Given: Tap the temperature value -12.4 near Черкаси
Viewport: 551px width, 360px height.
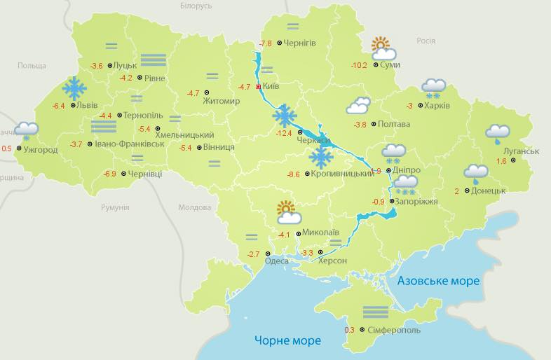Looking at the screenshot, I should [284, 133].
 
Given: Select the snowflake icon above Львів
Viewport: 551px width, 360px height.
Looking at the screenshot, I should [74, 89].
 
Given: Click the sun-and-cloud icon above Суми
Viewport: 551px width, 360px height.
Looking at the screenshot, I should [382, 48].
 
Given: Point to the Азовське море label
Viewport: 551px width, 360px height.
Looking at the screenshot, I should [438, 281].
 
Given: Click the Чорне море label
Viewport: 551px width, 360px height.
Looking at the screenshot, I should [287, 340].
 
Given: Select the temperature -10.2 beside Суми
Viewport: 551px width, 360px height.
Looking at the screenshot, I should [359, 65].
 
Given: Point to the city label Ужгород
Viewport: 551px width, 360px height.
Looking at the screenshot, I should [40, 150].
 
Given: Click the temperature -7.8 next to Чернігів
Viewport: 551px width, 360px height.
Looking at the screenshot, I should [266, 43].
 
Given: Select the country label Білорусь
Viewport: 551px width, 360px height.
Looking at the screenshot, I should [196, 6].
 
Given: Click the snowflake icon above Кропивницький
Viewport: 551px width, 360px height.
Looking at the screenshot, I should [322, 157].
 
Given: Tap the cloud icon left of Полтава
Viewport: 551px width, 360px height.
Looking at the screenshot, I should [358, 106].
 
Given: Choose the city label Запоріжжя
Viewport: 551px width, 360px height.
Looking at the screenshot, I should [417, 202].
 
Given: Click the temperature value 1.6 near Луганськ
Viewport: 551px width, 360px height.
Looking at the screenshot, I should [501, 161].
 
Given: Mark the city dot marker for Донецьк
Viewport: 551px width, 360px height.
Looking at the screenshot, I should [466, 191].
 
